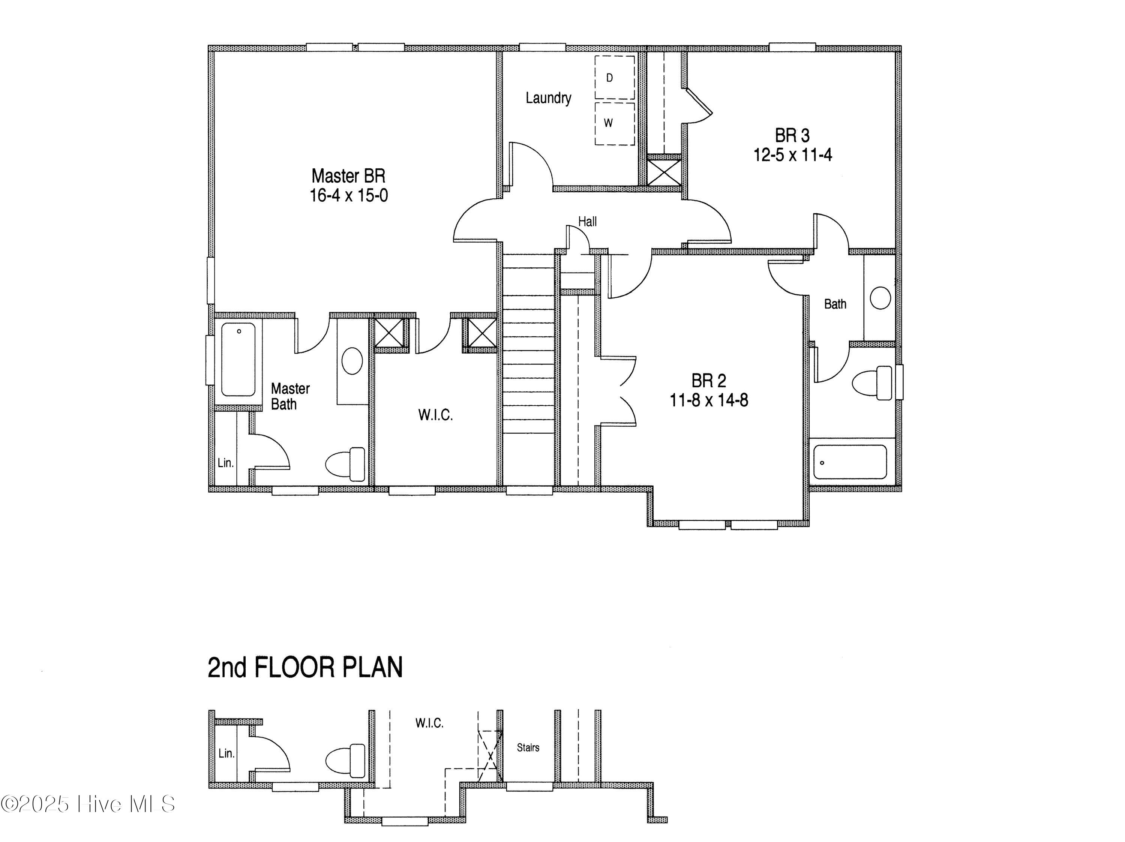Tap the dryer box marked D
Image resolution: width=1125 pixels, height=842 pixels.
614,77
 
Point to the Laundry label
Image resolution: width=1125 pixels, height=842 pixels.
548,97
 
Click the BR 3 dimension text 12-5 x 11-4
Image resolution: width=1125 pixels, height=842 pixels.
792,154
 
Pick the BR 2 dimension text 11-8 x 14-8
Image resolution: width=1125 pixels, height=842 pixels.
708,401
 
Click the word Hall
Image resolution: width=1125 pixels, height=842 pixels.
587,222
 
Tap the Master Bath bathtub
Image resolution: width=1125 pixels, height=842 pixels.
238,359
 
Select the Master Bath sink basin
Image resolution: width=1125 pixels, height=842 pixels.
352,361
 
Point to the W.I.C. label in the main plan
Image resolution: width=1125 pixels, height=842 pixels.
435,415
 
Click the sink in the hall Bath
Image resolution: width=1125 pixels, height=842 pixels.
880,298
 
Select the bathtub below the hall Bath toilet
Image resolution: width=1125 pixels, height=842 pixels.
850,462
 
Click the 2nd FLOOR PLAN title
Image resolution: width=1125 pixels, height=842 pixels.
305,668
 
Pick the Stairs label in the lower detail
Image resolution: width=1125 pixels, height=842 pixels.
528,748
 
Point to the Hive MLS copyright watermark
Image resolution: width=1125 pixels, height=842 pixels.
87,804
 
